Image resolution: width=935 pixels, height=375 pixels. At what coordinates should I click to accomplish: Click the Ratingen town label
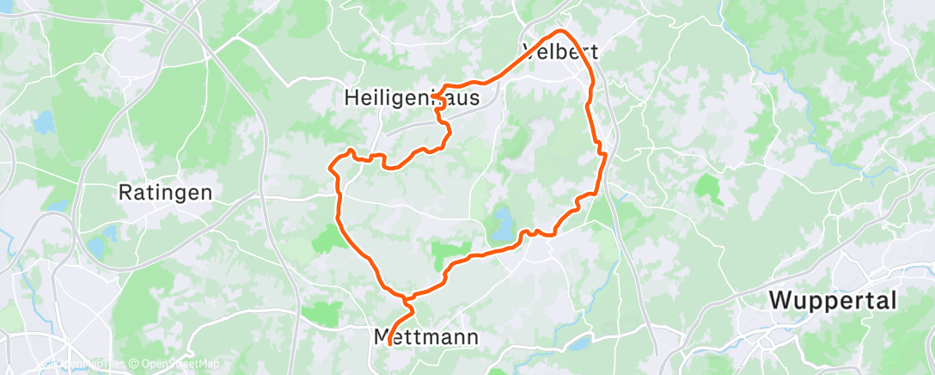[165, 193]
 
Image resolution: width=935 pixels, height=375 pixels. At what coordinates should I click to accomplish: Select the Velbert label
[560, 51]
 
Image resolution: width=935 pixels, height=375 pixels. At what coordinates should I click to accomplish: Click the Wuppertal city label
[833, 301]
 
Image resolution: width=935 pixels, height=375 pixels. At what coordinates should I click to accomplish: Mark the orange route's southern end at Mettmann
[390, 344]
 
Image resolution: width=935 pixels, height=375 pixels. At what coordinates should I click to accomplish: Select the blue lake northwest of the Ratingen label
[43, 123]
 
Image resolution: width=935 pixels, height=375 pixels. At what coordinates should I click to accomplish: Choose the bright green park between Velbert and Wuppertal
[708, 187]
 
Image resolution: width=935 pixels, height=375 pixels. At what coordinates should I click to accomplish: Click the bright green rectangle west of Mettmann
[327, 313]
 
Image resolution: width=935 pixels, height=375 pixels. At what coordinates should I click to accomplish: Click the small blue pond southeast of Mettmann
[581, 342]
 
